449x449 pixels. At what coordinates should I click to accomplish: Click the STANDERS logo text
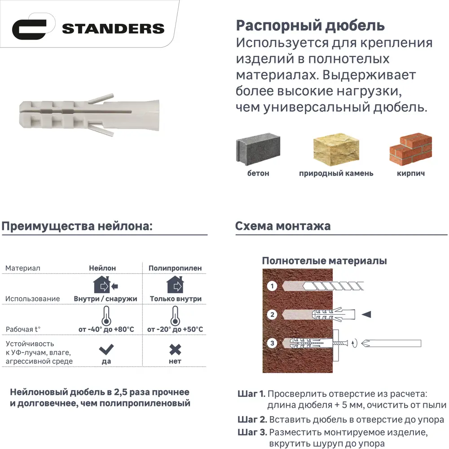click(113, 29)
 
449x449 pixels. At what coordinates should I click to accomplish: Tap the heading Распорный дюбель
click(310, 25)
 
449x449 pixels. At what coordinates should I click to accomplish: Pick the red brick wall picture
click(410, 150)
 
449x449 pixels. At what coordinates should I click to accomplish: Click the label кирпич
click(410, 173)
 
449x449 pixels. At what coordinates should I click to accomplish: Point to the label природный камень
click(336, 173)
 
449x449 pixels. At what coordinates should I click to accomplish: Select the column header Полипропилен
click(175, 268)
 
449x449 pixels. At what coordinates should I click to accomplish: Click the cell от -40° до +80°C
click(106, 330)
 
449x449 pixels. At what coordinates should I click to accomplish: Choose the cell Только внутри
click(176, 299)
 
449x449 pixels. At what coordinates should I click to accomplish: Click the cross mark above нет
click(175, 349)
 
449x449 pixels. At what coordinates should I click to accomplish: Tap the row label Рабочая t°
click(23, 330)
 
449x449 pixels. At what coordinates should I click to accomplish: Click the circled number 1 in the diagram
click(271, 286)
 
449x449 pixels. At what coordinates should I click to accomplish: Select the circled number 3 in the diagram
click(271, 343)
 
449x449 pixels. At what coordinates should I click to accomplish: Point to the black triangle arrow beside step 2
click(366, 314)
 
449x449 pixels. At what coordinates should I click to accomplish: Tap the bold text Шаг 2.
click(252, 420)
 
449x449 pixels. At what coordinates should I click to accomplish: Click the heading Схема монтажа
click(283, 226)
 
